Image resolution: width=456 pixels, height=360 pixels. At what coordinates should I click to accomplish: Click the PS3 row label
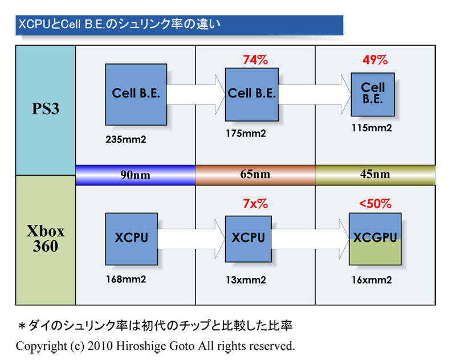45,109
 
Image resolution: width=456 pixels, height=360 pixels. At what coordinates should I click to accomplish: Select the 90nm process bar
135,175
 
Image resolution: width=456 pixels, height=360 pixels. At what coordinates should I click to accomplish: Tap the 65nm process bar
255,175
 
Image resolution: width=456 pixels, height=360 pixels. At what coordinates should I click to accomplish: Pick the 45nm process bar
374,175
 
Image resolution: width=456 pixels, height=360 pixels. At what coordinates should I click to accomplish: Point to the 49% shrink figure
374,59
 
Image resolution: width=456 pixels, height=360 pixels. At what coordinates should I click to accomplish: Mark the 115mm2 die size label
372,128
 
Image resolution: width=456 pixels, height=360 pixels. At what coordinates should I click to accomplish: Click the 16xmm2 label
371,280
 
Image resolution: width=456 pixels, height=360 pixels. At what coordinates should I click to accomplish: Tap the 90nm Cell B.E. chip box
136,94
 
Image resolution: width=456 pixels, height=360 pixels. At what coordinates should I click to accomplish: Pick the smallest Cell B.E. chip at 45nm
373,93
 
